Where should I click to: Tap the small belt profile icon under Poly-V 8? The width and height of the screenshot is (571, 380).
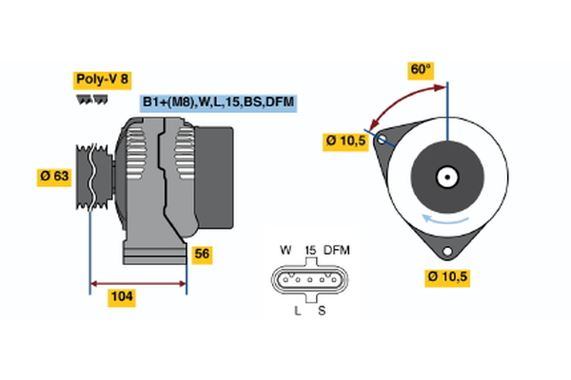[x=88, y=99]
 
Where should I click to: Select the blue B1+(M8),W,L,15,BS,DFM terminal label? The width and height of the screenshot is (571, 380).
[x=218, y=102]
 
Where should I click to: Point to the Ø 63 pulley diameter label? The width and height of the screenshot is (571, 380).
[x=55, y=176]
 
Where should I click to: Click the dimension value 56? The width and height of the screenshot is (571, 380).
[x=202, y=254]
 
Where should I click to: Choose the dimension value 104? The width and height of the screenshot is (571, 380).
[x=121, y=297]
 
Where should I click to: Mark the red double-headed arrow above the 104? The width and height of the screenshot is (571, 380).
[x=137, y=282]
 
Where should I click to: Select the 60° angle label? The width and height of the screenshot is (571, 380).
[x=421, y=69]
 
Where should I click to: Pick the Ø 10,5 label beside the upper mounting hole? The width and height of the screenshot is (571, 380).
[x=345, y=142]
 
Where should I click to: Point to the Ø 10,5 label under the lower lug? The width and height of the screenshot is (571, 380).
[x=447, y=277]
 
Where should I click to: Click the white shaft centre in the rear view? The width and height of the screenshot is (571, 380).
[x=444, y=177]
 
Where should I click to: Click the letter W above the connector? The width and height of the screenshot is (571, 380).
[x=285, y=249]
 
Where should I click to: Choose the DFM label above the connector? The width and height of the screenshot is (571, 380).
[x=338, y=249]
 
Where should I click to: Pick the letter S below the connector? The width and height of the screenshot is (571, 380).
[x=322, y=311]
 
